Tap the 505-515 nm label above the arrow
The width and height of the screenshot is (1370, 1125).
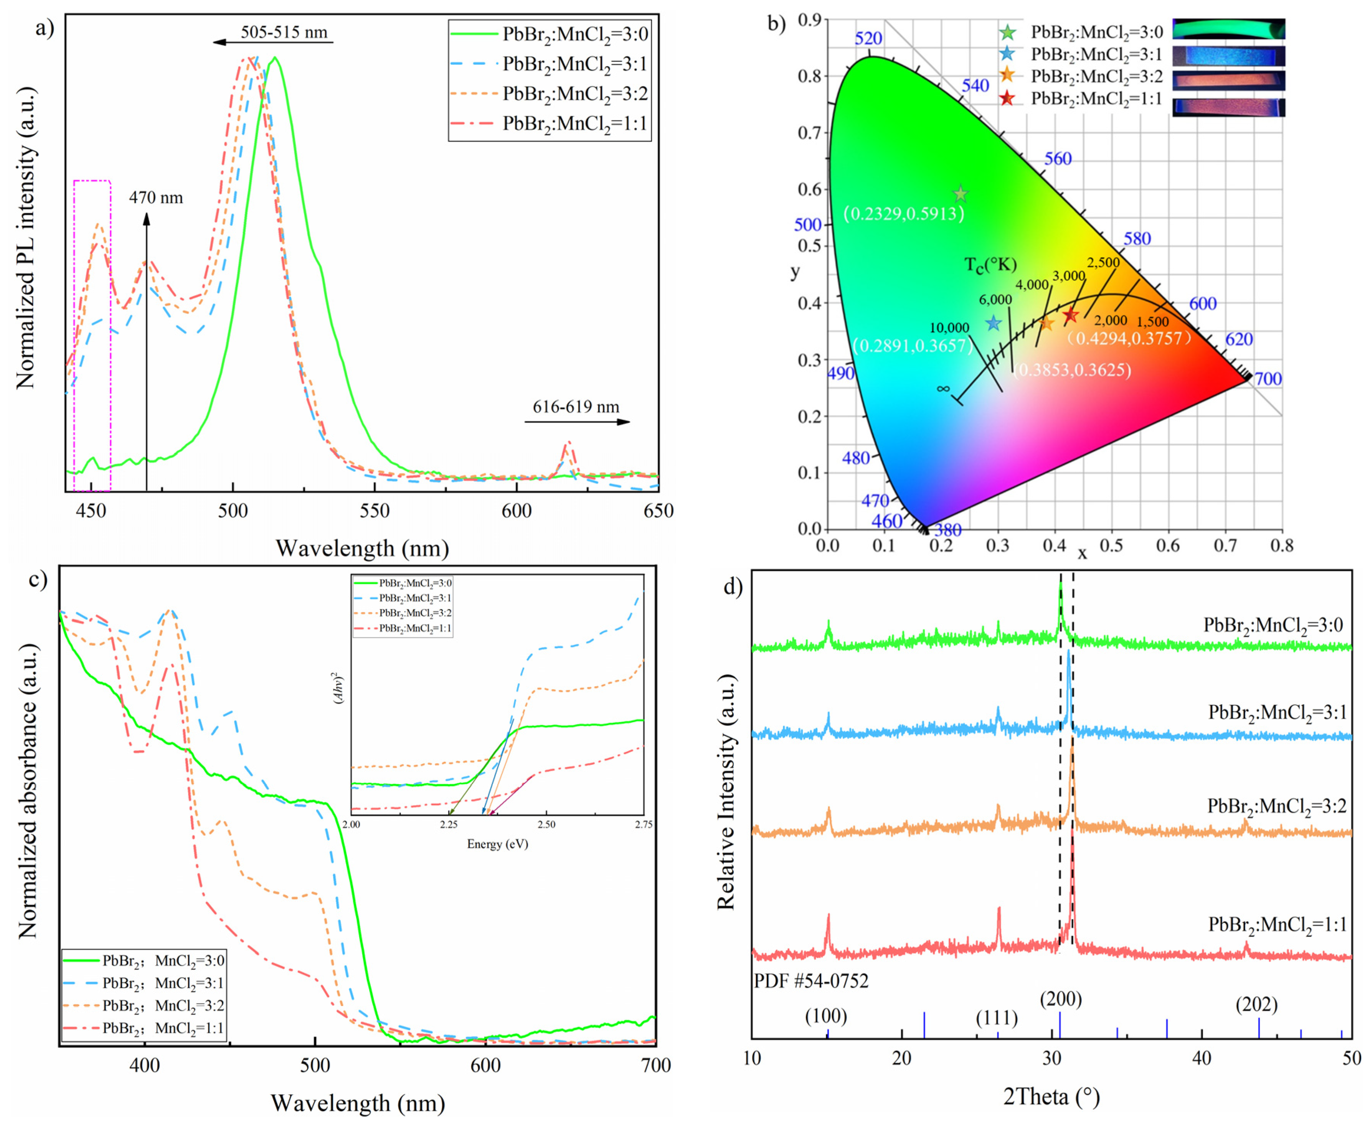tap(284, 32)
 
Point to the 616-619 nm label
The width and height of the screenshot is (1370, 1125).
tap(576, 407)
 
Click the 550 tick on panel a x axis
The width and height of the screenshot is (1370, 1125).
tap(375, 511)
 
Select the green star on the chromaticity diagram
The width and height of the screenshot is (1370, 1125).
tap(960, 194)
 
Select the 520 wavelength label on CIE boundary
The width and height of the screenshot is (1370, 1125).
tap(868, 38)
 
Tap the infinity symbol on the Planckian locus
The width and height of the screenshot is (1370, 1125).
tap(943, 389)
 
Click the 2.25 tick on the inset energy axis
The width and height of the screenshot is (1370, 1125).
tap(449, 824)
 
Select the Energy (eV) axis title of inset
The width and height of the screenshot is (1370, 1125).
tap(497, 844)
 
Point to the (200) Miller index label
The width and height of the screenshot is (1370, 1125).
tap(1061, 999)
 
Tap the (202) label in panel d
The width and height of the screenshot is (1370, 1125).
tap(1256, 1005)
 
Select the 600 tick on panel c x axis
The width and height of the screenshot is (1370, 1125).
tap(485, 1066)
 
